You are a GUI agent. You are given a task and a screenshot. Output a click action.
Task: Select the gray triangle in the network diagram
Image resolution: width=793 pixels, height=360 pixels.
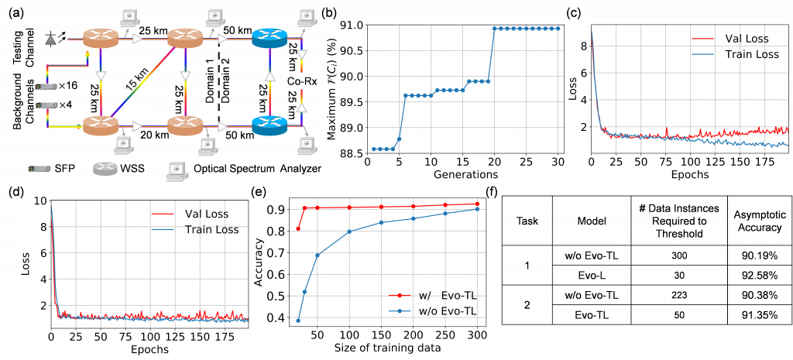coord(50,39)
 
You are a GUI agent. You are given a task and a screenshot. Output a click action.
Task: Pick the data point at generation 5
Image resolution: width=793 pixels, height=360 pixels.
coord(398,139)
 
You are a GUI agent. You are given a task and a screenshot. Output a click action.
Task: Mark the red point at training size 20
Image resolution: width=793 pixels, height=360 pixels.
coord(298,228)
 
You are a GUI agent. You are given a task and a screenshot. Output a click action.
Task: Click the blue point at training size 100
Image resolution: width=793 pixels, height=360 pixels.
coord(350,231)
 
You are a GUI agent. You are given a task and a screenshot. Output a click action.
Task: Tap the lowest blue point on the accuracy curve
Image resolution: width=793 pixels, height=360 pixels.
coord(298,321)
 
